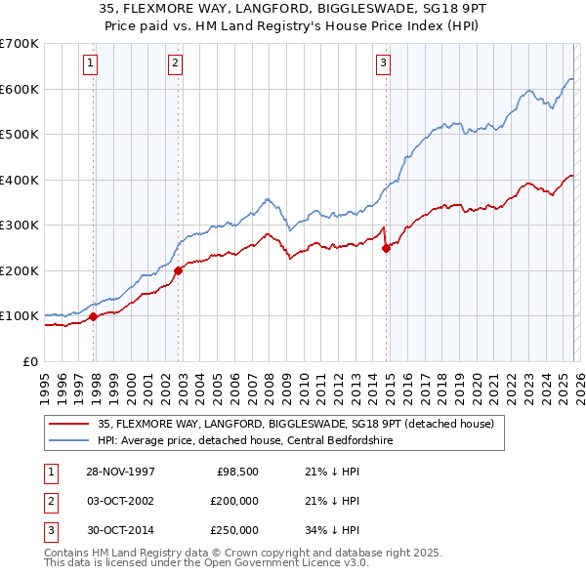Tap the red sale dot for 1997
coord(94,316)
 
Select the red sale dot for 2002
coord(178,270)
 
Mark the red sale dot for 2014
coord(387,248)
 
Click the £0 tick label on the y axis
coord(29,361)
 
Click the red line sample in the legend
coord(69,424)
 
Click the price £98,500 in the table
coord(235,472)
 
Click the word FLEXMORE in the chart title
coord(189,10)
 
